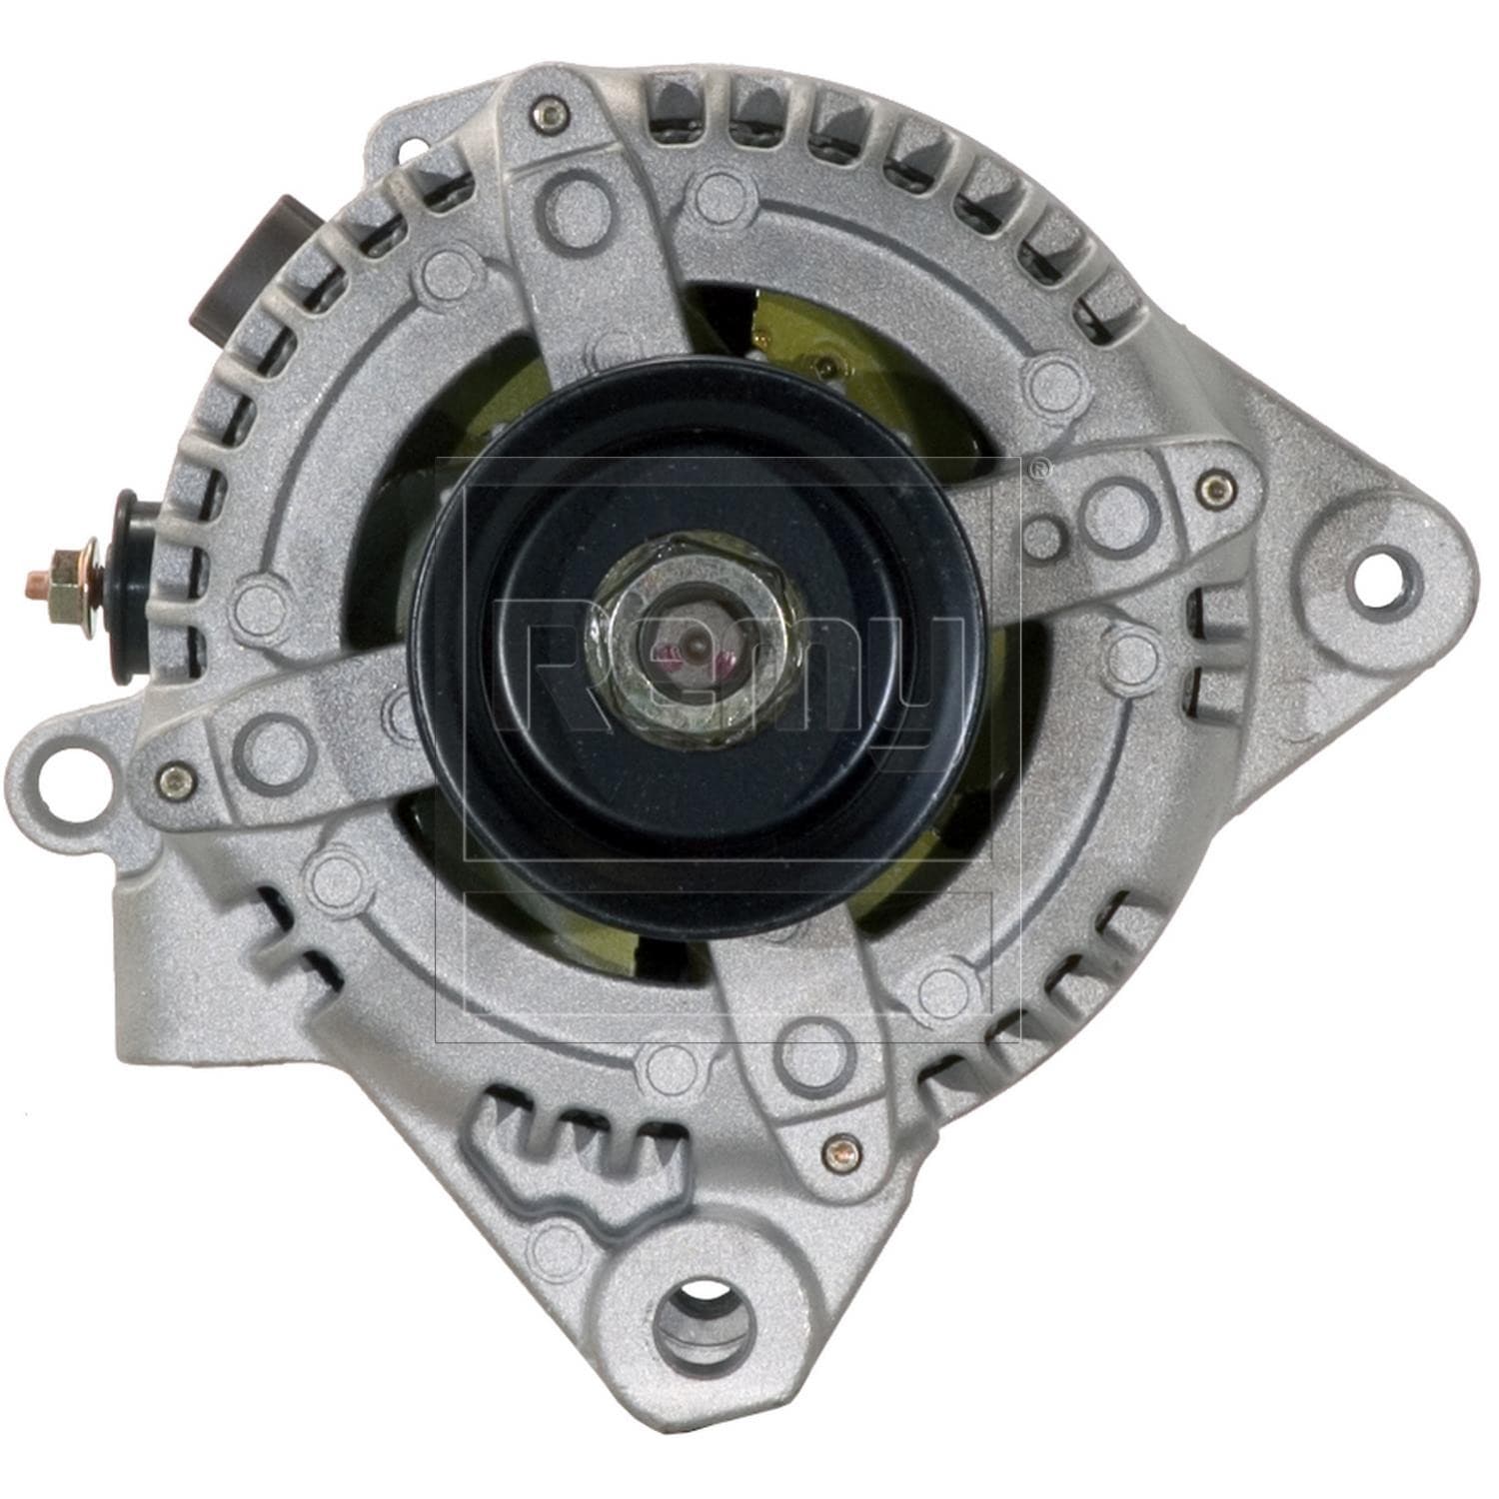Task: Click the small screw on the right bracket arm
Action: coord(1213,487)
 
